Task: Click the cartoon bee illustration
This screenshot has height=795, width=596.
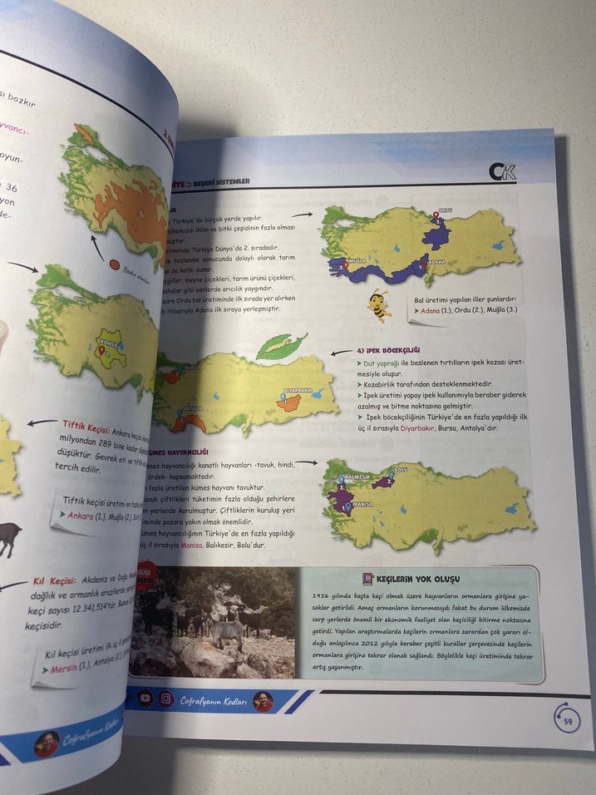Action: pyautogui.click(x=379, y=304)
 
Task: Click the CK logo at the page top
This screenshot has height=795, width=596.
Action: pyautogui.click(x=503, y=172)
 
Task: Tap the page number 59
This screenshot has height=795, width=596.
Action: pyautogui.click(x=566, y=720)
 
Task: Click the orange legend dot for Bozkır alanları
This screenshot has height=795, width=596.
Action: pyautogui.click(x=115, y=265)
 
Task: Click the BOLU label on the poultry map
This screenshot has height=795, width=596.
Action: pyautogui.click(x=399, y=471)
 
